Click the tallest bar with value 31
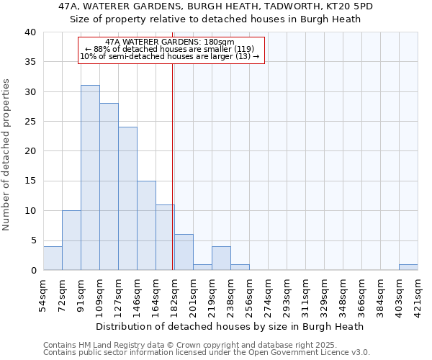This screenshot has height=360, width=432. (x=90, y=178)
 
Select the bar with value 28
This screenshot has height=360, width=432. (x=109, y=186)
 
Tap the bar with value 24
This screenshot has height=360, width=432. (x=127, y=199)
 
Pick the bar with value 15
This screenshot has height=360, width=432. (x=146, y=225)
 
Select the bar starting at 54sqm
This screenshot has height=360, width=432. (x=53, y=258)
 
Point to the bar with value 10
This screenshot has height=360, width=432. (x=71, y=240)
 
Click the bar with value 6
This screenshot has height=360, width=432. (x=184, y=252)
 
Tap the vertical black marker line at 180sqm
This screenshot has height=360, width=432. (x=173, y=166)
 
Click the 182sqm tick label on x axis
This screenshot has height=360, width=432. (x=174, y=294)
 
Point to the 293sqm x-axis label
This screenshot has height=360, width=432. (x=287, y=294)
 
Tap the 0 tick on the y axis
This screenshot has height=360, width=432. (x=33, y=271)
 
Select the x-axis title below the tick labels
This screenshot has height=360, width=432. (x=230, y=326)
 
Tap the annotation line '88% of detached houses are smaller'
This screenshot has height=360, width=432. (x=171, y=49)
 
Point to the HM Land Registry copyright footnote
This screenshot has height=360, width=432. (x=206, y=345)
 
